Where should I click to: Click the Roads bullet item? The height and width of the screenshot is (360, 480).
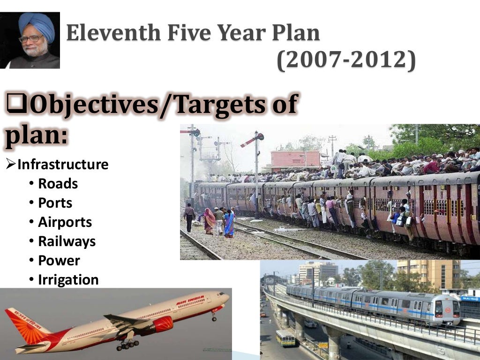point(58,184)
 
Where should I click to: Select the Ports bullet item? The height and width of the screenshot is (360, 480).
point(55,203)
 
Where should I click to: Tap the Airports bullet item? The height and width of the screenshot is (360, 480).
point(65,222)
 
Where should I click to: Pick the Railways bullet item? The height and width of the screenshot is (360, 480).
point(67,241)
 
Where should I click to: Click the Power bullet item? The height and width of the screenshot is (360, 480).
point(59,261)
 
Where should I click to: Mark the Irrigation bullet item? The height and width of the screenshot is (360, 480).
point(68,280)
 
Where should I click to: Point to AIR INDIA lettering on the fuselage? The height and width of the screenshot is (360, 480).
point(190,300)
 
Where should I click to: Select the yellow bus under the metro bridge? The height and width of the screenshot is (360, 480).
point(285,338)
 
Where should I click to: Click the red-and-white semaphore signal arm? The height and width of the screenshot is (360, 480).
point(252,140)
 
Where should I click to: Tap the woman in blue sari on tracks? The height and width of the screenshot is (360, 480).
point(229,224)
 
